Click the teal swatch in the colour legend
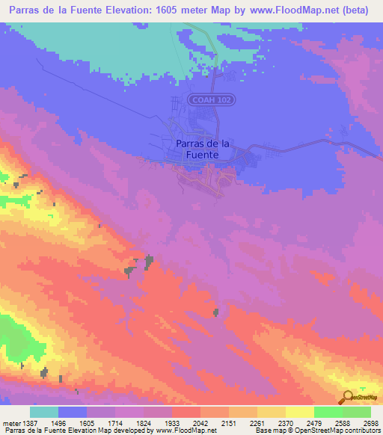click(x=44, y=412)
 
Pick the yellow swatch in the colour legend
click(x=299, y=412)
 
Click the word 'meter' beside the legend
click(x=10, y=423)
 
